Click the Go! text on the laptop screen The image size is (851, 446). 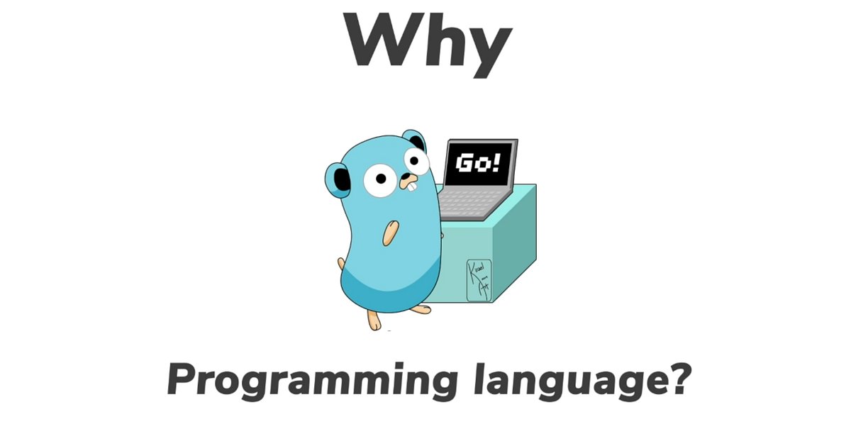(x=477, y=164)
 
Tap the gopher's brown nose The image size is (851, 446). (x=409, y=177)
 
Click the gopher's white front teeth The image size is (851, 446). (x=410, y=189)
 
